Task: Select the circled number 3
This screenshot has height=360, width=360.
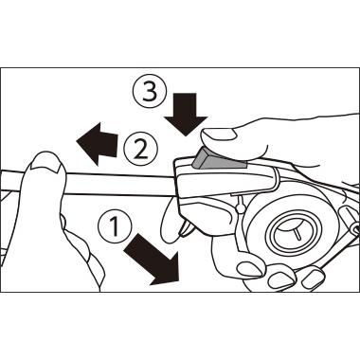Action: pyautogui.click(x=150, y=91)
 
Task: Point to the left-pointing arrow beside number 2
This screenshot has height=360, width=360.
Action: pyautogui.click(x=98, y=144)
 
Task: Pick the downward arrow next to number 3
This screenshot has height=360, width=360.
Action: pyautogui.click(x=186, y=115)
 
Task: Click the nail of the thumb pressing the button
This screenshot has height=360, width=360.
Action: pyautogui.click(x=219, y=135)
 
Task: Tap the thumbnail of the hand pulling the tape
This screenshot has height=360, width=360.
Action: pyautogui.click(x=46, y=163)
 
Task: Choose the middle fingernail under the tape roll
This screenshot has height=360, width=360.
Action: pyautogui.click(x=282, y=278)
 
